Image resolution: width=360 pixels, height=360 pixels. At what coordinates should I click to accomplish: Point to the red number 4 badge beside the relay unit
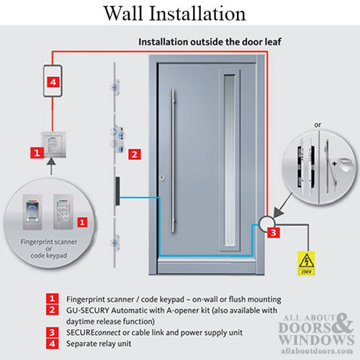(x=53, y=83)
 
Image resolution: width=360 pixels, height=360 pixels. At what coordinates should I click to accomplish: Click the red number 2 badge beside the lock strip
(x=132, y=153)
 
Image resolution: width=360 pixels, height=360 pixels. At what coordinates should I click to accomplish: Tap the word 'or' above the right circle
(x=317, y=124)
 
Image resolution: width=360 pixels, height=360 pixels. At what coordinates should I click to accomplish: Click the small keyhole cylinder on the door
(x=163, y=177)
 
